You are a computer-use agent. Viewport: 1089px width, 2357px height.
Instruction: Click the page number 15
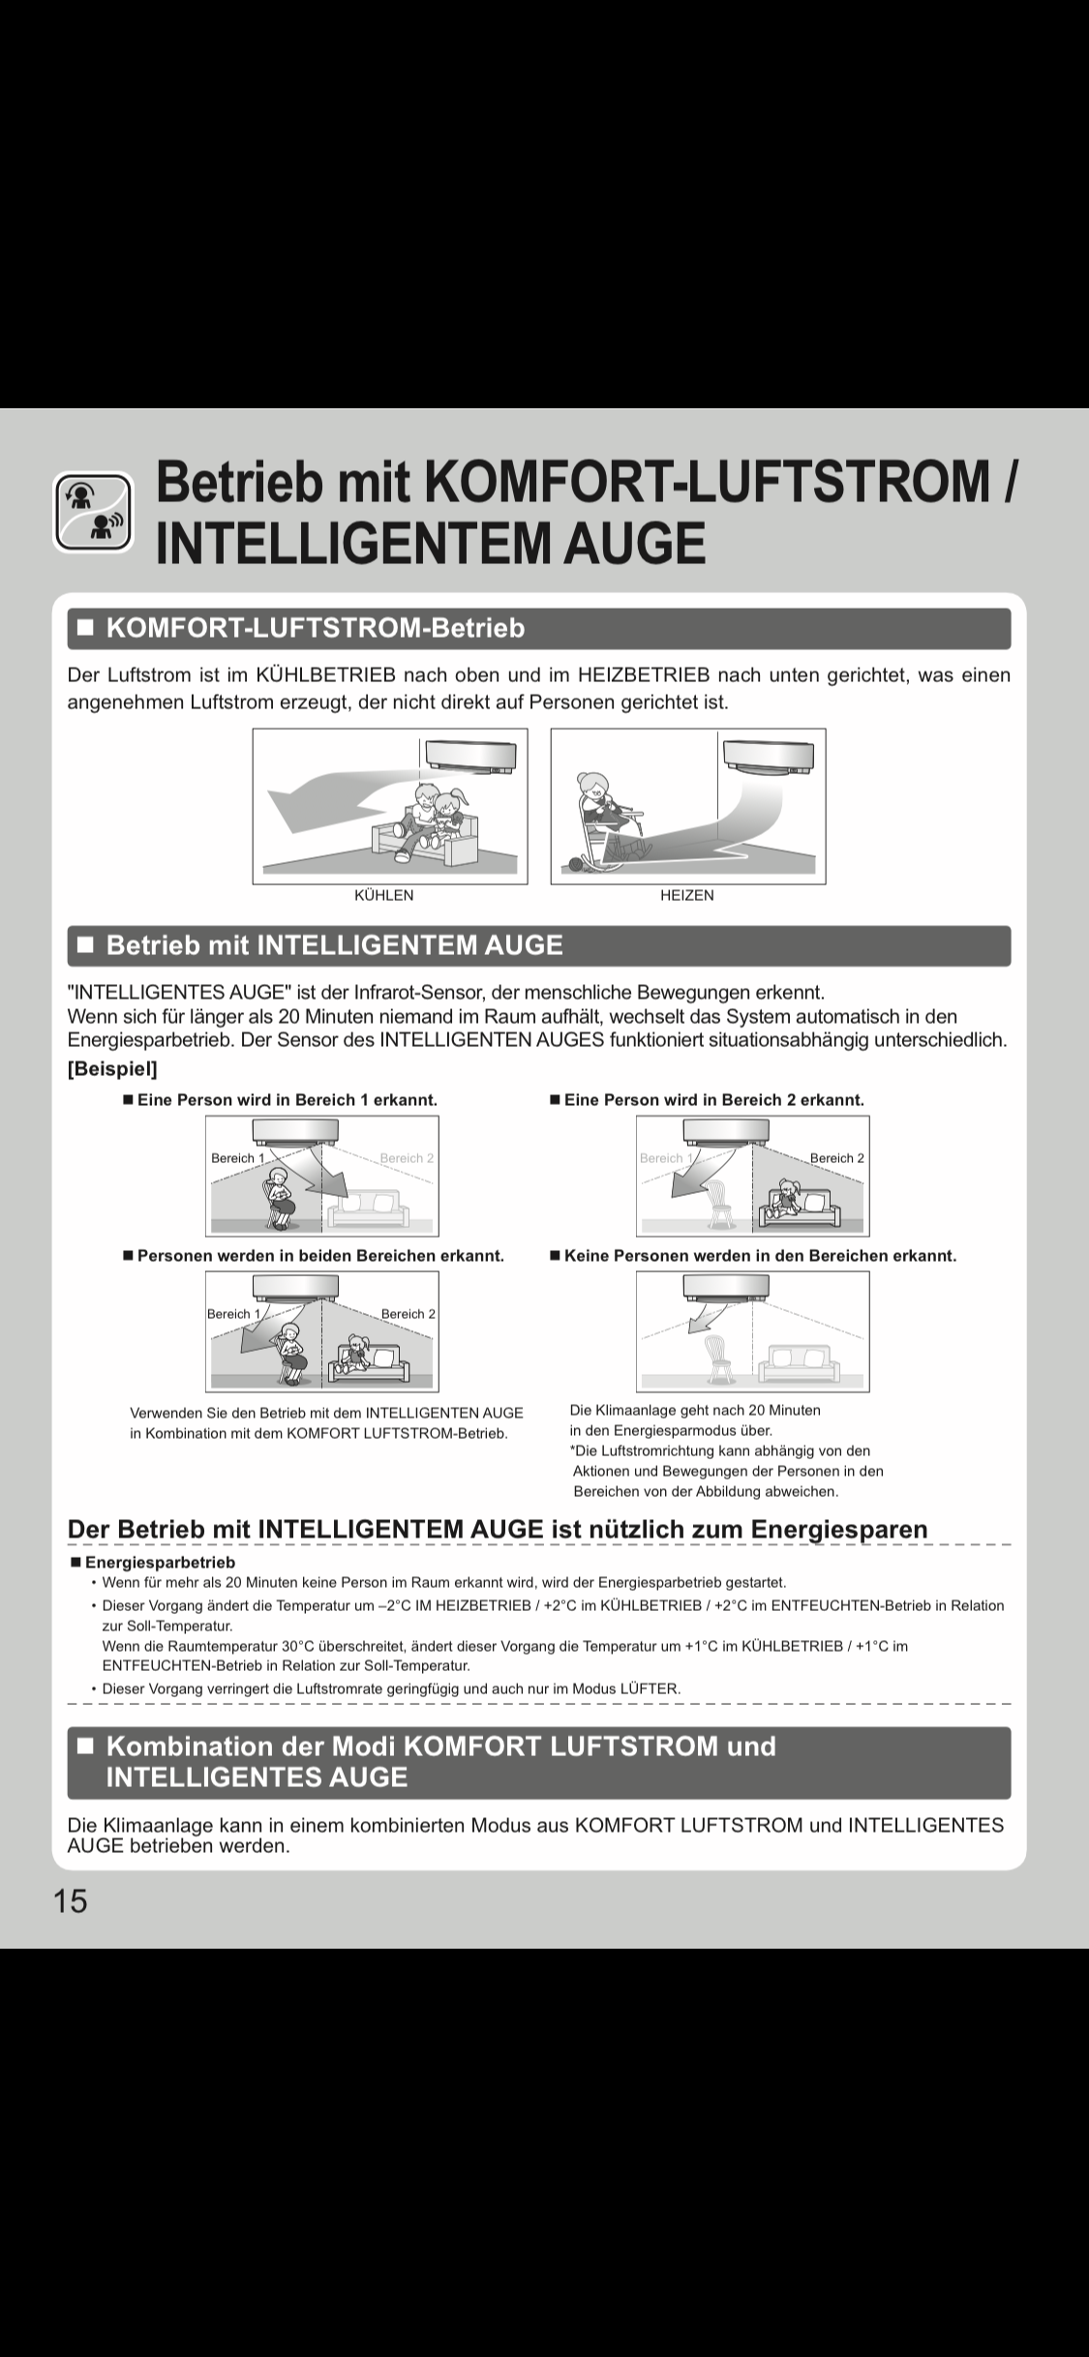click(70, 1901)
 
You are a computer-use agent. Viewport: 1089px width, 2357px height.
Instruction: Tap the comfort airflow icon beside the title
click(93, 511)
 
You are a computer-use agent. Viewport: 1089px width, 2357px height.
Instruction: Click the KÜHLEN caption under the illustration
click(383, 896)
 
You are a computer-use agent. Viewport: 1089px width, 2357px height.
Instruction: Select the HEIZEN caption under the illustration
click(686, 896)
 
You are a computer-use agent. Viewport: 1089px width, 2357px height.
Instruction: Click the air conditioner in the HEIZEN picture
click(771, 756)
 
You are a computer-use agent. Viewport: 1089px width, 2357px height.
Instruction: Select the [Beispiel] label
click(112, 1069)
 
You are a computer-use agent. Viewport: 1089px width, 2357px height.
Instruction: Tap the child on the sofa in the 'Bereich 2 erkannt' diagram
click(786, 1196)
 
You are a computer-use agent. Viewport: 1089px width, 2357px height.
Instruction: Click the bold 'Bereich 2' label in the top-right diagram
click(836, 1158)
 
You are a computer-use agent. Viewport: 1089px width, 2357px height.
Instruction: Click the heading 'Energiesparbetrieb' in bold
click(160, 1563)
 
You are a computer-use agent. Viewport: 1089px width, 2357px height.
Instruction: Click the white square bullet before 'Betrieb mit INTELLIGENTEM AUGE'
click(86, 945)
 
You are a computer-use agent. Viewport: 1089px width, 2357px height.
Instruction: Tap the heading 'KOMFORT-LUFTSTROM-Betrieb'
click(316, 629)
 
